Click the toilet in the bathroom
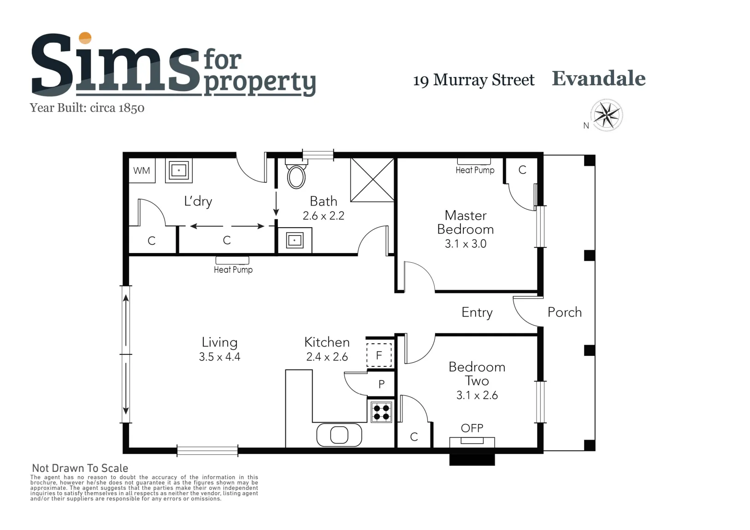pyautogui.click(x=296, y=174)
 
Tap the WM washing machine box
pyautogui.click(x=142, y=171)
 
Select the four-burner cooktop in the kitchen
pyautogui.click(x=381, y=412)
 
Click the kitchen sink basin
pyautogui.click(x=339, y=435)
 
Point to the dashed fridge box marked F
pyautogui.click(x=379, y=355)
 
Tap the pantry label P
pyautogui.click(x=381, y=384)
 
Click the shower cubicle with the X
pyautogui.click(x=372, y=180)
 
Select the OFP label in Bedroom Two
pyautogui.click(x=472, y=428)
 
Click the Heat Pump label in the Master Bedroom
pyautogui.click(x=475, y=170)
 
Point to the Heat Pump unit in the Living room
pyautogui.click(x=232, y=260)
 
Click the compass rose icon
pyautogui.click(x=606, y=115)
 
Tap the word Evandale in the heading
pyautogui.click(x=599, y=78)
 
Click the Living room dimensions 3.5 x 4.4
pyautogui.click(x=219, y=357)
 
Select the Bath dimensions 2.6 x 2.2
pyautogui.click(x=324, y=216)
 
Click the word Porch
pyautogui.click(x=565, y=312)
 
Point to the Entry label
pyautogui.click(x=477, y=312)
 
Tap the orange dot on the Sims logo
pyautogui.click(x=85, y=38)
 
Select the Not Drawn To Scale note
pyautogui.click(x=80, y=468)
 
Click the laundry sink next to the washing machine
pyautogui.click(x=179, y=171)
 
